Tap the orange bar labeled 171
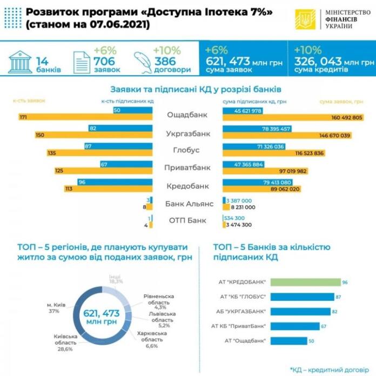pos(92,117)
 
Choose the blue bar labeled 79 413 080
pos(258,183)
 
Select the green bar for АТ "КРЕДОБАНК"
pos(305,281)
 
